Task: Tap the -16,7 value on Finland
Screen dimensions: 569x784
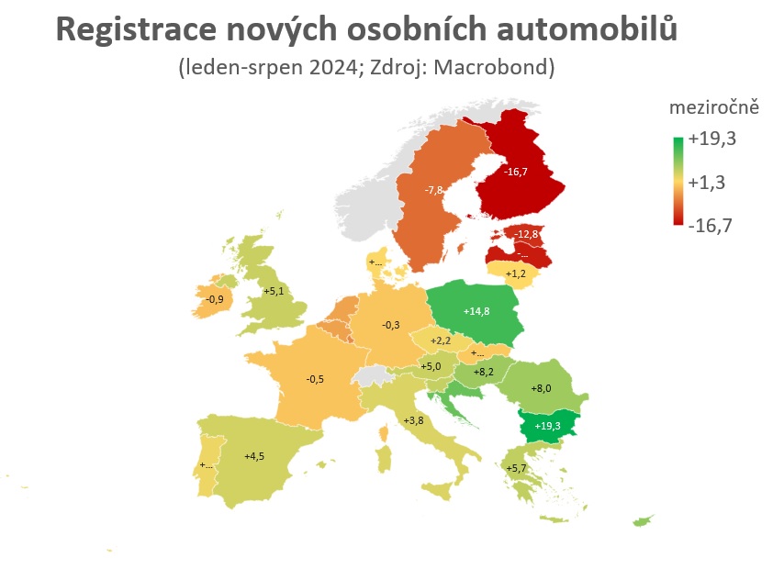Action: (x=515, y=171)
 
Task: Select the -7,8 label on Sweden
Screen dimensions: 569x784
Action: (x=434, y=189)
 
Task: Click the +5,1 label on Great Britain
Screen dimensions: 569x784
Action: (x=274, y=292)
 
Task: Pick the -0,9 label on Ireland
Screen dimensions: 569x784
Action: (x=215, y=299)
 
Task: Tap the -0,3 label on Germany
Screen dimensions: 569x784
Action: (x=391, y=325)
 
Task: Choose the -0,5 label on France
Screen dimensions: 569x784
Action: (x=316, y=378)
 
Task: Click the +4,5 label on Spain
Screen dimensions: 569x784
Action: (x=254, y=454)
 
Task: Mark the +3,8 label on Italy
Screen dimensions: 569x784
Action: (x=413, y=420)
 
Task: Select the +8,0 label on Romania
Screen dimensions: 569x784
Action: (x=542, y=388)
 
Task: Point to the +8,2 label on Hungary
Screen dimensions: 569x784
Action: (x=484, y=373)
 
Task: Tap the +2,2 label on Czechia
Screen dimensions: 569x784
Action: (x=442, y=341)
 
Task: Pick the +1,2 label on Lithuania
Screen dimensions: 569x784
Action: (x=516, y=273)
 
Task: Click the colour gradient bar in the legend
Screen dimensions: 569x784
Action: (x=678, y=182)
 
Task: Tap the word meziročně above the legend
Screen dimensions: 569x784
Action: (x=713, y=107)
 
